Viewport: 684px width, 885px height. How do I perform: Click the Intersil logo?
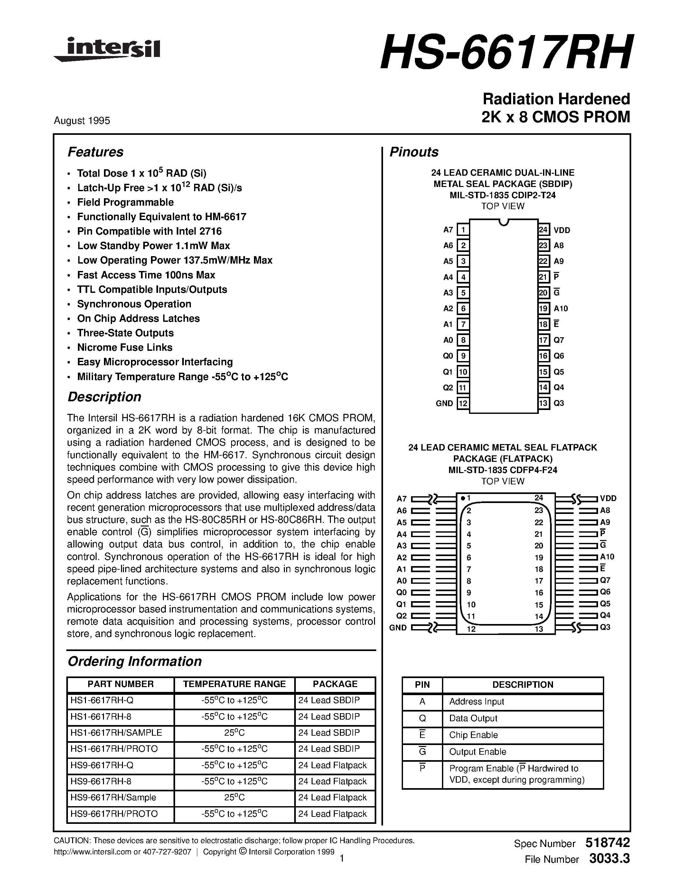pyautogui.click(x=108, y=50)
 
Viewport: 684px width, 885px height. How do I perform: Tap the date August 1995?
pyautogui.click(x=82, y=121)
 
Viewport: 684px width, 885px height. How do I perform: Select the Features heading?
pyautogui.click(x=95, y=152)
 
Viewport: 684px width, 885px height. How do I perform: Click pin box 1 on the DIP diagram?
pyautogui.click(x=463, y=230)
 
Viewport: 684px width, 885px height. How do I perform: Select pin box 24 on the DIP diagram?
pyautogui.click(x=543, y=230)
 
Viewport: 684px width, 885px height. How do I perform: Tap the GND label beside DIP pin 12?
pyautogui.click(x=444, y=403)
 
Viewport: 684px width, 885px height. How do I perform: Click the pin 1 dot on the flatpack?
pyautogui.click(x=463, y=498)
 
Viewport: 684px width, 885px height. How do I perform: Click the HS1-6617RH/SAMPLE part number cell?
pyautogui.click(x=116, y=733)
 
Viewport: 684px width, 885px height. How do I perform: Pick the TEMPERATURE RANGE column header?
pyautogui.click(x=234, y=684)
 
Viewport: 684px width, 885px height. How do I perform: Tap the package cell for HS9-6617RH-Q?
pyautogui.click(x=332, y=765)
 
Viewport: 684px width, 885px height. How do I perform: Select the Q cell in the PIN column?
pyautogui.click(x=422, y=718)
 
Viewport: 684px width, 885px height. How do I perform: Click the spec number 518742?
pyautogui.click(x=607, y=843)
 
